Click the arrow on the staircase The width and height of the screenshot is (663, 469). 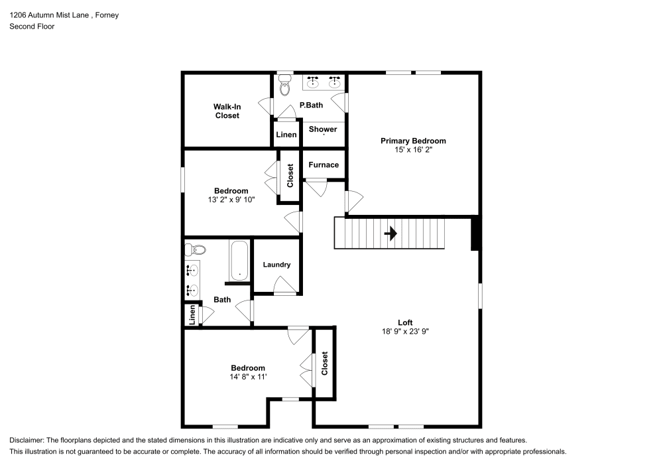pos(391,234)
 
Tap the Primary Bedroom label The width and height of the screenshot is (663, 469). pos(412,141)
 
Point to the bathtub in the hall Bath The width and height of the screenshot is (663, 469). pos(239,261)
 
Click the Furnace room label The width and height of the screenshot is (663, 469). pos(324,165)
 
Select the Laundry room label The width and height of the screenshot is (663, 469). pos(276,265)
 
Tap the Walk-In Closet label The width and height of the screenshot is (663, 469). pos(226,111)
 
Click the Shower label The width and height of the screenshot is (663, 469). pos(323,129)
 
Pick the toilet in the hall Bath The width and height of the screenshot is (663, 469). pos(195,250)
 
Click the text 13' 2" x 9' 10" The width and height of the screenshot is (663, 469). pos(230,199)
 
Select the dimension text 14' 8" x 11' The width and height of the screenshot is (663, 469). pos(247,377)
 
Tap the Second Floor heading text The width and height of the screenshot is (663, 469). pos(32,27)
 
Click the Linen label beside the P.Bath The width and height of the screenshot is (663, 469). pos(286,135)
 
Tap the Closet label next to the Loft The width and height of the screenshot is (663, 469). pos(324,364)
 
